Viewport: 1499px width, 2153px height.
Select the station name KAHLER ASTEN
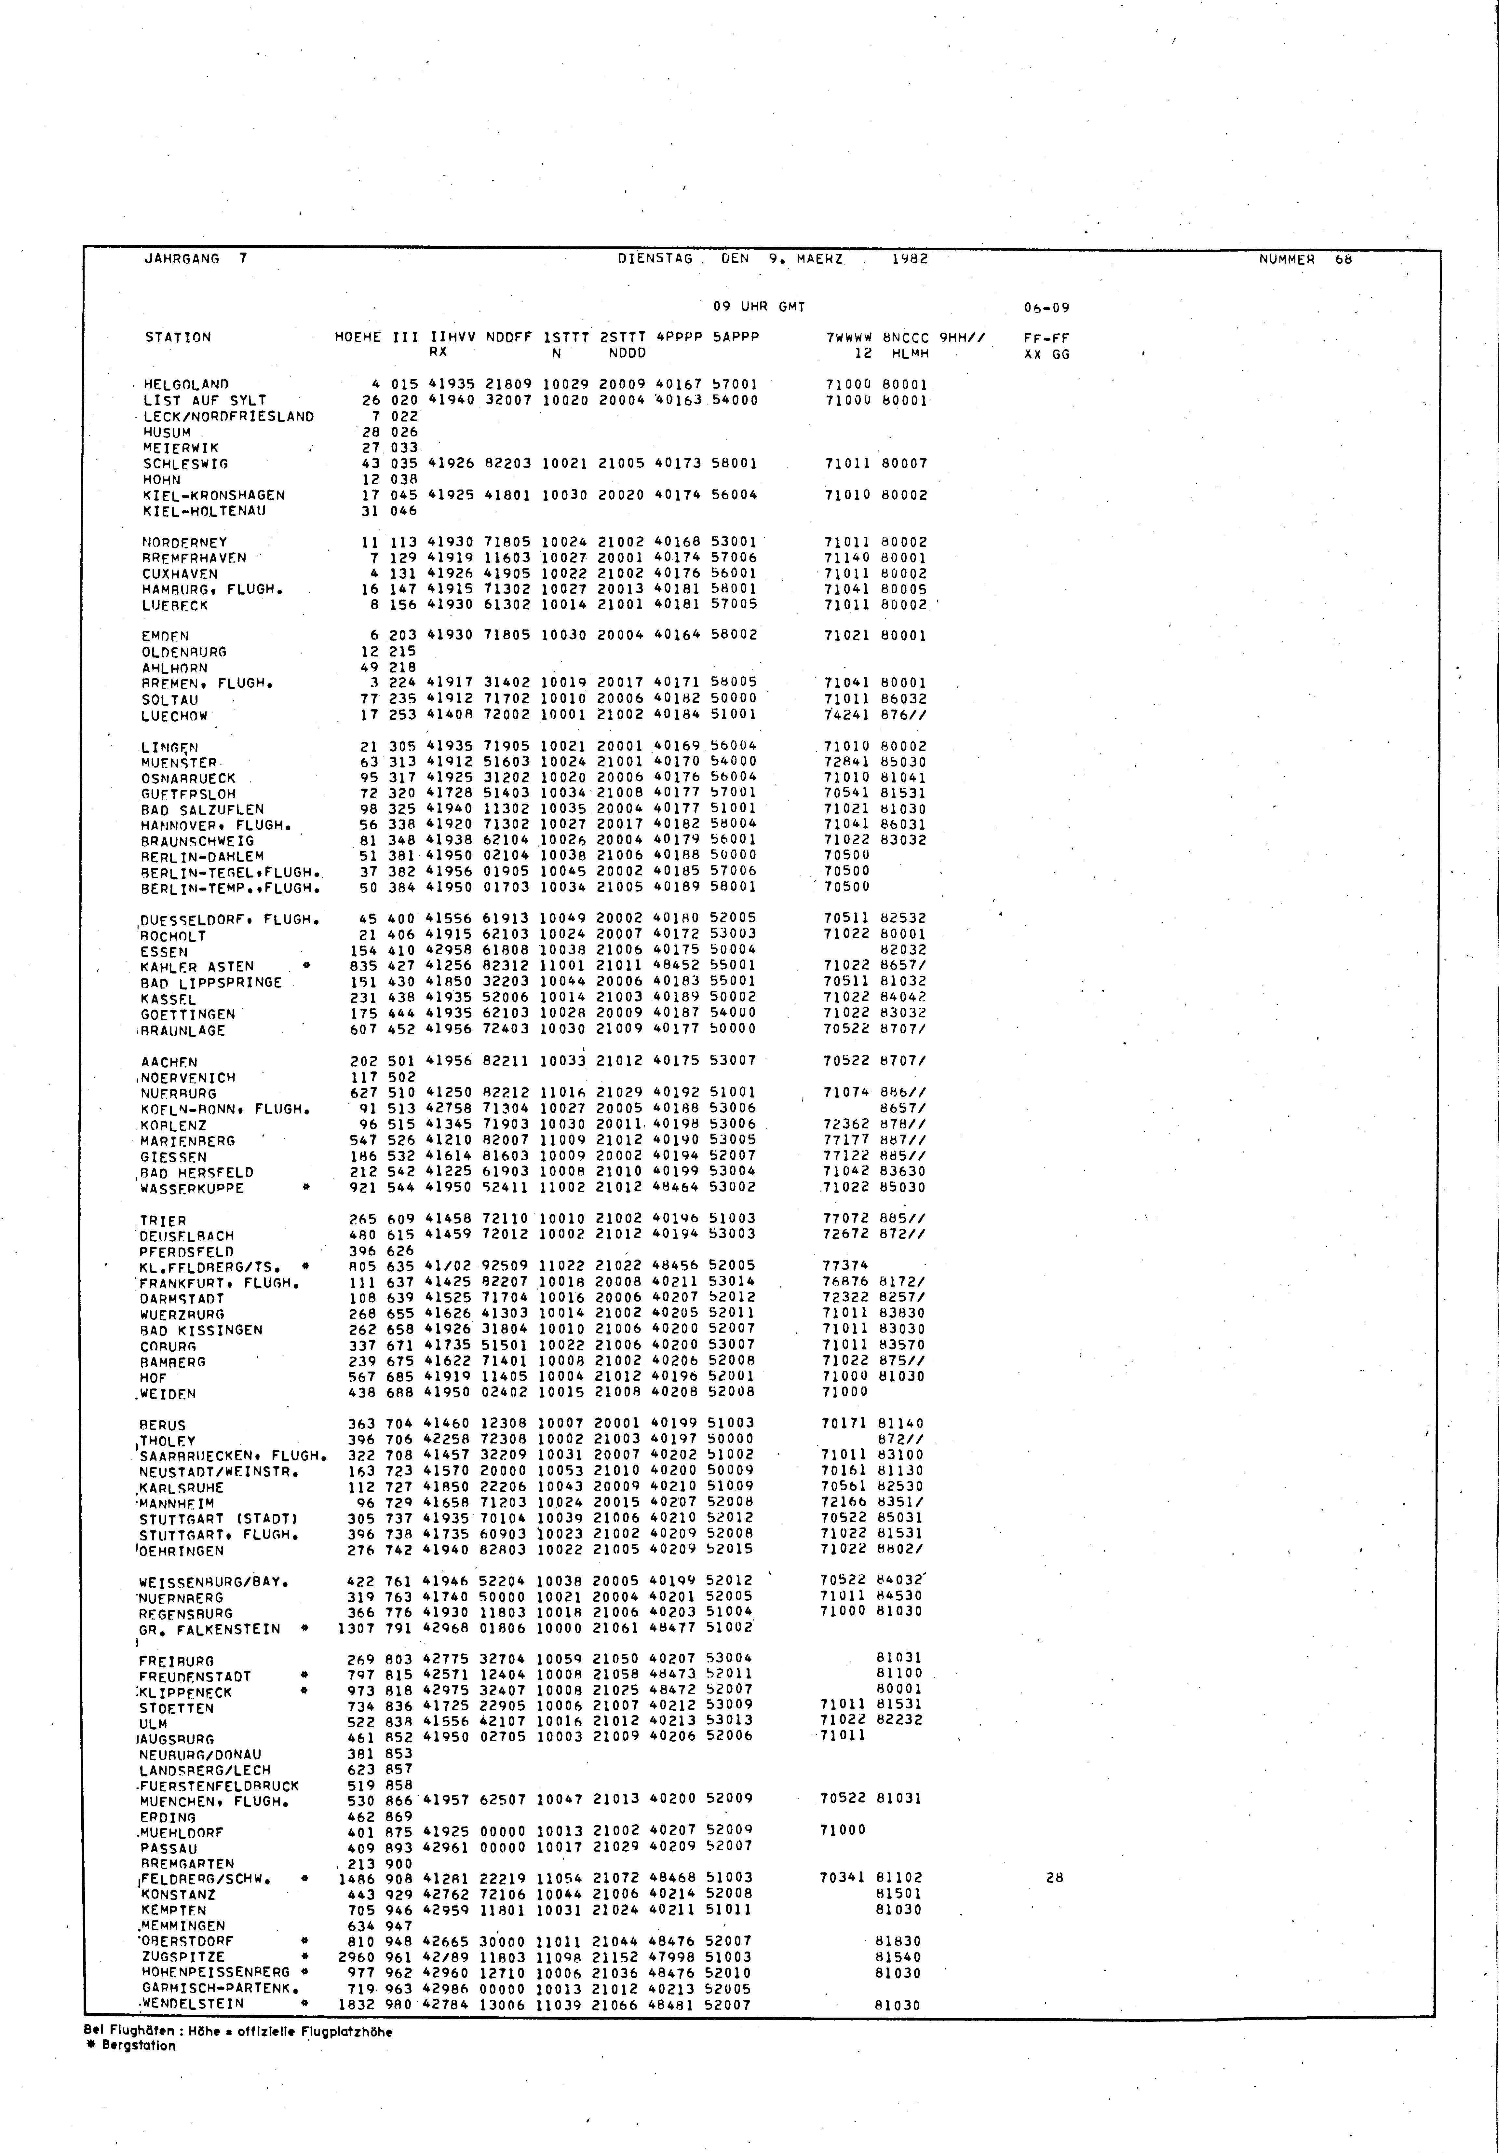click(197, 967)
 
